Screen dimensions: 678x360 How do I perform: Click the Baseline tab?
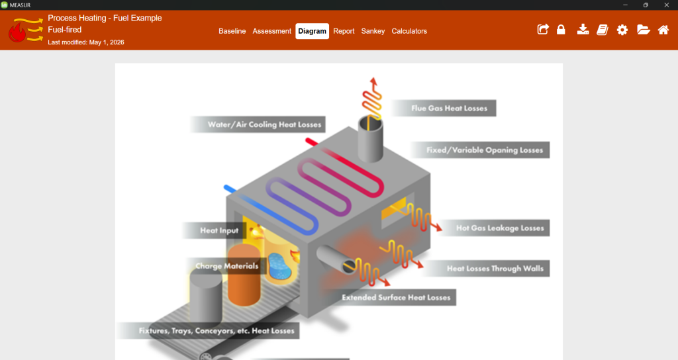[x=232, y=31]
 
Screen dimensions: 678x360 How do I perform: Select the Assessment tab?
[x=272, y=31]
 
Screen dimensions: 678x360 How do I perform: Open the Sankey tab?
[x=373, y=31]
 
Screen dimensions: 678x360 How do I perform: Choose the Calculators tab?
[x=409, y=31]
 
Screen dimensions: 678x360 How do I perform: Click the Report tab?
[x=344, y=31]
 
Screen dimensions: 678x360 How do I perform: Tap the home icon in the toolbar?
[x=663, y=30]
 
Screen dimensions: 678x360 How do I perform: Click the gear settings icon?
[x=622, y=30]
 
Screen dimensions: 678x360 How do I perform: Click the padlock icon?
[x=561, y=29]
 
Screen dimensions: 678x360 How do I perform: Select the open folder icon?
[x=644, y=30]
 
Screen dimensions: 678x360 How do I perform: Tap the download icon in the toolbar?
[x=583, y=29]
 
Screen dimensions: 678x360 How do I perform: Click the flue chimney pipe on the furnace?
[x=371, y=138]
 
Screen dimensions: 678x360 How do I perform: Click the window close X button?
[x=666, y=5]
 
